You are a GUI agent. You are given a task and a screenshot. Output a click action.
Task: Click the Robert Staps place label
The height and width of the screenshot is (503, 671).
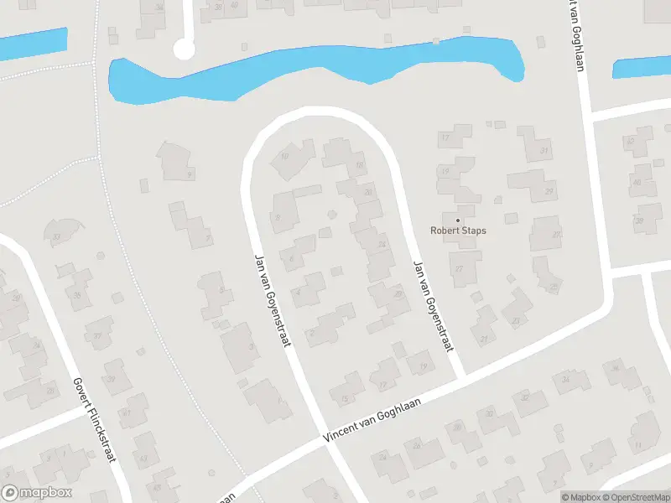click(x=458, y=231)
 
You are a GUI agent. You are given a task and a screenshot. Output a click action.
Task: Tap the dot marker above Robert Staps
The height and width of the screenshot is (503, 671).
click(x=458, y=220)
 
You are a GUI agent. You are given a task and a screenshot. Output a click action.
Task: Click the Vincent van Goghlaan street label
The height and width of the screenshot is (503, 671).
click(x=372, y=417)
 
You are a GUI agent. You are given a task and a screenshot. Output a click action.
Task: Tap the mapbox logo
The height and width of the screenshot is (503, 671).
click(x=37, y=493)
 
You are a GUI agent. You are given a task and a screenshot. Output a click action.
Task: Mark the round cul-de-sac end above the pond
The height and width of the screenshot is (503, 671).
click(x=183, y=51)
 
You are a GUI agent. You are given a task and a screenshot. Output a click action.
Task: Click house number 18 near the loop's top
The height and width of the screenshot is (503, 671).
click(x=359, y=165)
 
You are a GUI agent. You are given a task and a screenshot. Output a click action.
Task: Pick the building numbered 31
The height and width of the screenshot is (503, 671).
click(x=544, y=151)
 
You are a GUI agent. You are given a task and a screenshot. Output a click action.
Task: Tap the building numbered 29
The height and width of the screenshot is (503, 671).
click(x=549, y=191)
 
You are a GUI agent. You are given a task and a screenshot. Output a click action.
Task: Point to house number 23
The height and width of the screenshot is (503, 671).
click(x=516, y=320)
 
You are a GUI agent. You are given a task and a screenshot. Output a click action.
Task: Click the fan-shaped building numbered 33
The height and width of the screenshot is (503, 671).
click(x=57, y=237)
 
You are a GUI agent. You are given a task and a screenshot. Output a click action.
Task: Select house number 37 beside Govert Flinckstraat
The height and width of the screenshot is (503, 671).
click(x=97, y=337)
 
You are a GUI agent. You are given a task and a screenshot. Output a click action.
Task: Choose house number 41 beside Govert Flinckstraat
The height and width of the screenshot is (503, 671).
click(x=126, y=412)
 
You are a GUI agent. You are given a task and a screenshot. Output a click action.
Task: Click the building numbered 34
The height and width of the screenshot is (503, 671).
click(x=566, y=380)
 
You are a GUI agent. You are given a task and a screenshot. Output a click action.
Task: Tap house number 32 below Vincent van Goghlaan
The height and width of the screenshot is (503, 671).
click(x=525, y=397)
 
